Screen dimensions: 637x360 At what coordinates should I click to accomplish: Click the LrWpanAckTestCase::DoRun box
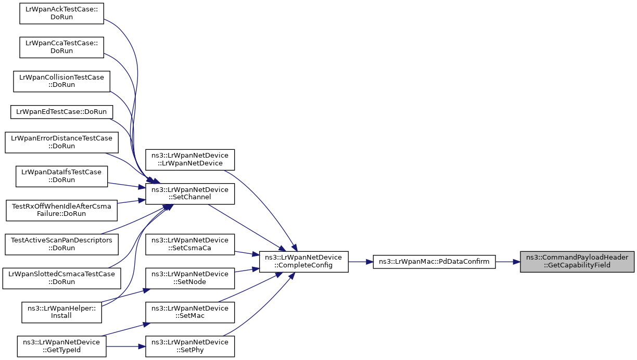click(x=61, y=14)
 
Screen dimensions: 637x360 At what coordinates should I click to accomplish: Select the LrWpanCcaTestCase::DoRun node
click(x=61, y=47)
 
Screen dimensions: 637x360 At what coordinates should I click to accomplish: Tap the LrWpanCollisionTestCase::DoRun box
click(x=61, y=81)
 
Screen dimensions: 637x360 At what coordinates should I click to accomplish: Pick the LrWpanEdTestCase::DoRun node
click(x=61, y=112)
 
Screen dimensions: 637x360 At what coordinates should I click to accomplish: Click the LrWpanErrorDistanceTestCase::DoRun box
click(x=61, y=142)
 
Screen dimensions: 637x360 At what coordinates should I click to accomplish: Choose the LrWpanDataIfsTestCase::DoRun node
click(x=61, y=176)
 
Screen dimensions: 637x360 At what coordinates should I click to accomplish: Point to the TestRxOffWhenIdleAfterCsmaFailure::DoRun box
click(x=61, y=210)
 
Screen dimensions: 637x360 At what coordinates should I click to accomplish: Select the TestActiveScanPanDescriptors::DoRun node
click(x=61, y=245)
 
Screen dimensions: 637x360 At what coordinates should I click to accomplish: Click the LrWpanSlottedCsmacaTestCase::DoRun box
click(x=61, y=278)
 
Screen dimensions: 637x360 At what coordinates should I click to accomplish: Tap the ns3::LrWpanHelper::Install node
click(x=61, y=312)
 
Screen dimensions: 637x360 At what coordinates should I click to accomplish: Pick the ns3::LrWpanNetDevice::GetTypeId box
click(x=61, y=346)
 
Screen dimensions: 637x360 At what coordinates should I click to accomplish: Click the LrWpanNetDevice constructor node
click(x=190, y=160)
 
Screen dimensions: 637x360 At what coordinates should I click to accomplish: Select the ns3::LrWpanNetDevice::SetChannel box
click(x=190, y=194)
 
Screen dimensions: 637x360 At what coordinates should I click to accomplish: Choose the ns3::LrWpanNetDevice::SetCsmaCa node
click(x=190, y=245)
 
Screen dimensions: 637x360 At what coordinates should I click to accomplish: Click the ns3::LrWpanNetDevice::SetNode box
click(x=190, y=278)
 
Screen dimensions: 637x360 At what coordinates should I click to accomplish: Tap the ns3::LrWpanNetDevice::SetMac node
click(x=190, y=312)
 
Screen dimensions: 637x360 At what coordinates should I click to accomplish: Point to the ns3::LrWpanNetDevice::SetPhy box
click(x=190, y=346)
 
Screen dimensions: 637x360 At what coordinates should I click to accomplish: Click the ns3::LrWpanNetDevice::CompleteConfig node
click(x=303, y=262)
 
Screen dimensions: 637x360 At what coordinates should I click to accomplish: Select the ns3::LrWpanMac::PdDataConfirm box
click(x=434, y=262)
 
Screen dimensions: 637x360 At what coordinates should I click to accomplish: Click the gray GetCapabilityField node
click(x=577, y=262)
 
